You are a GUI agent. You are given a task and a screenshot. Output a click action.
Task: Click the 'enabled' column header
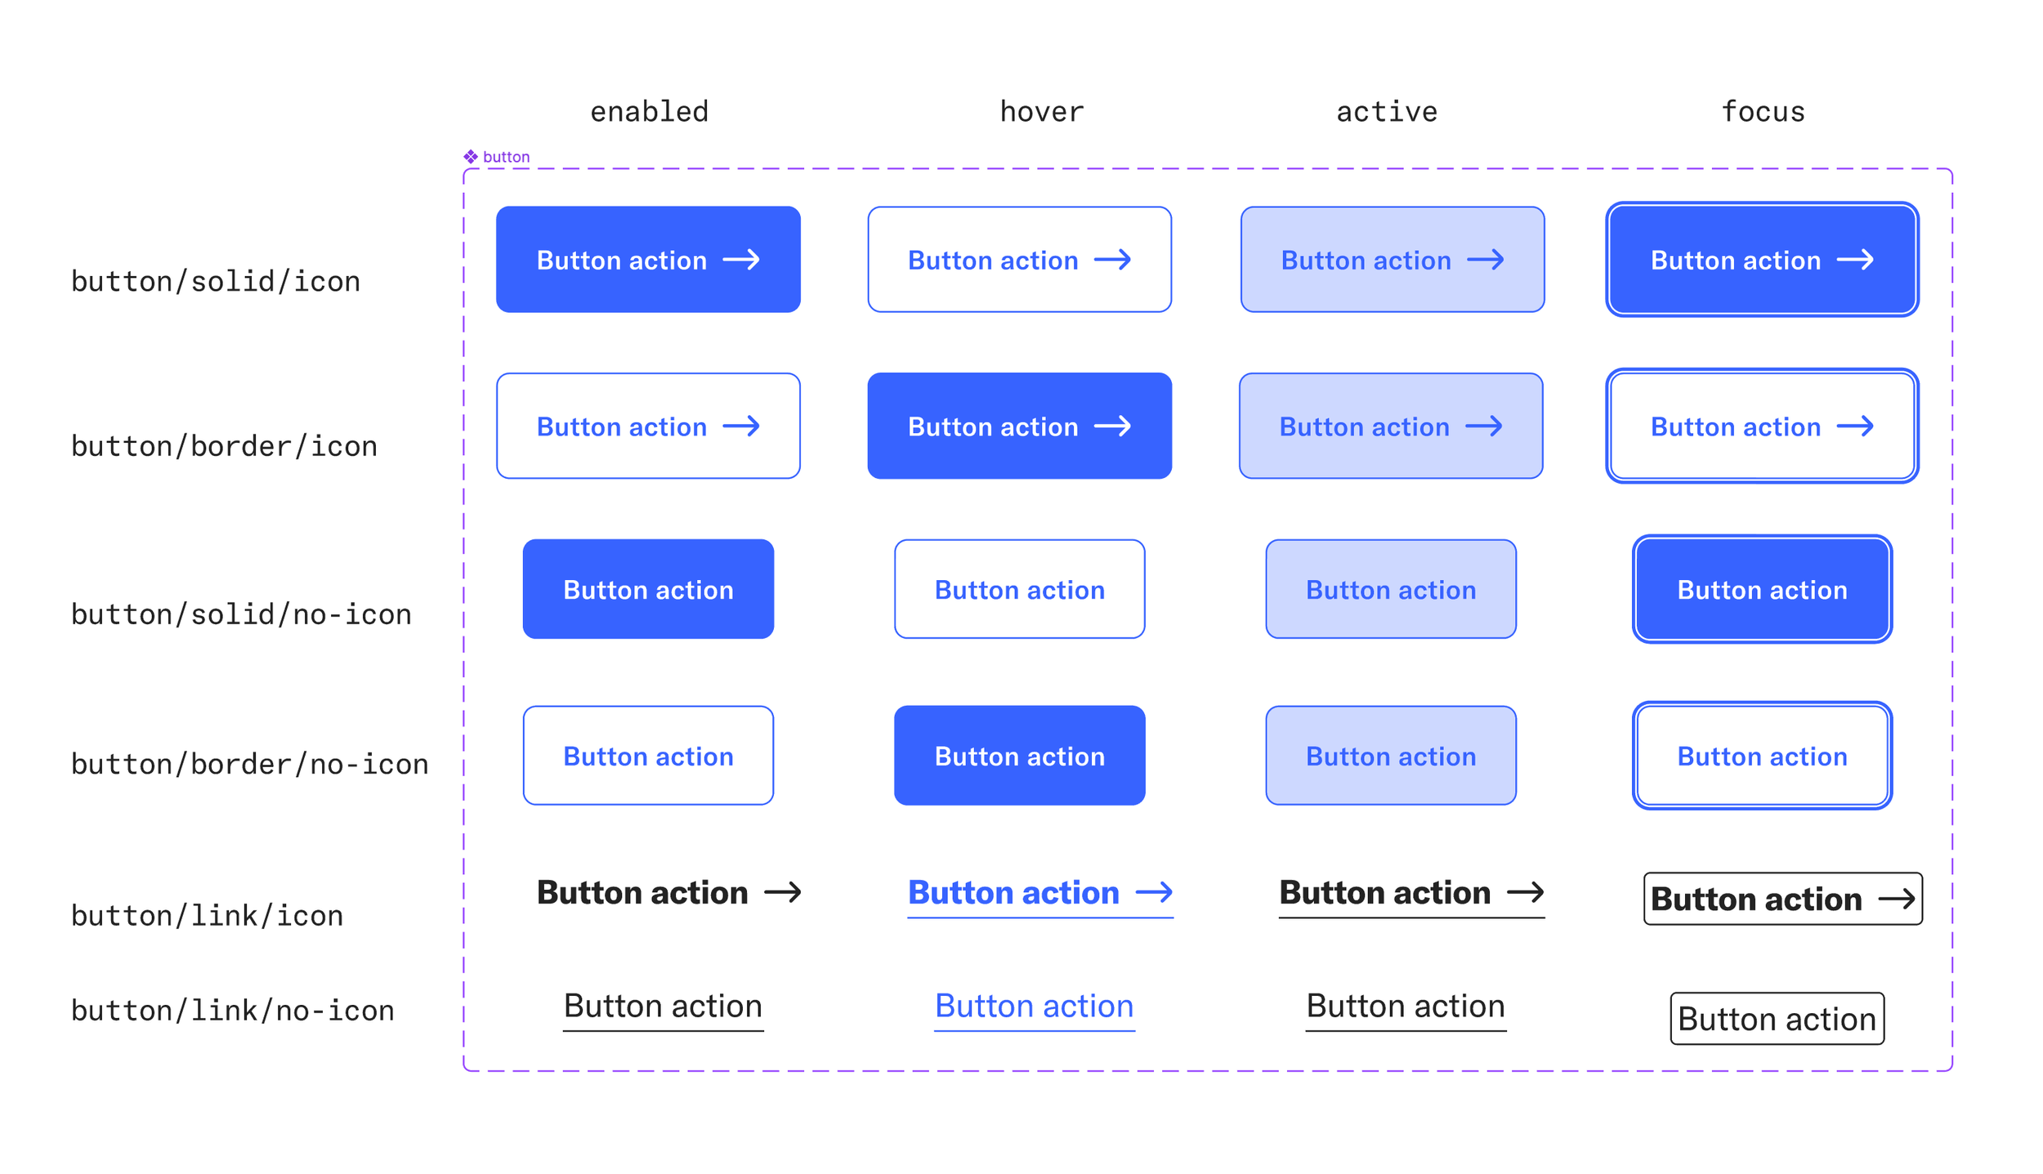(649, 111)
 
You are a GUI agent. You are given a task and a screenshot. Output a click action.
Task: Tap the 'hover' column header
(1041, 111)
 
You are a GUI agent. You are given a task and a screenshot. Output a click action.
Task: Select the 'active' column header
(1386, 111)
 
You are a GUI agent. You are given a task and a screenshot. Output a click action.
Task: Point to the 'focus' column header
(1762, 111)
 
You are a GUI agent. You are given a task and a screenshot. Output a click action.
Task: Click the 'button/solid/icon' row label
(216, 281)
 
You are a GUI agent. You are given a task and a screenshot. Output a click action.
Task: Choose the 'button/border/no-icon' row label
(250, 764)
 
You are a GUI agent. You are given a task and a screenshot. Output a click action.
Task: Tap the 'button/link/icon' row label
(207, 916)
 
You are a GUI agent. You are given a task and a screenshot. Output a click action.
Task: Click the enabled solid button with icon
(648, 259)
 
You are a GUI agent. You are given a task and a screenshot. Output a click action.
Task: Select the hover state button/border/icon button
(1019, 426)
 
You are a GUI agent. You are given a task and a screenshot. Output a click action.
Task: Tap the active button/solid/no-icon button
(1391, 589)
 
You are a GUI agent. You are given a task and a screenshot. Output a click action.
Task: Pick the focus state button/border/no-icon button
(1762, 756)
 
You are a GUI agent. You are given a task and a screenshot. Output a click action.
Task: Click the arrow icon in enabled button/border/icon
(741, 426)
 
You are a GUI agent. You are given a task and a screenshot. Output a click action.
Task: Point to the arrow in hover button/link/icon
(1154, 892)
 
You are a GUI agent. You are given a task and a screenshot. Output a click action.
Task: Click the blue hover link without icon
(1034, 1007)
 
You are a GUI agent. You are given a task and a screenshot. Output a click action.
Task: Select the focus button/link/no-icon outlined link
(1777, 1019)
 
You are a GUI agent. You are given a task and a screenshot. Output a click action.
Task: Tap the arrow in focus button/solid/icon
(1855, 260)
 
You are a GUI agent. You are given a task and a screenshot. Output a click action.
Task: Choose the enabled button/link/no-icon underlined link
(663, 1007)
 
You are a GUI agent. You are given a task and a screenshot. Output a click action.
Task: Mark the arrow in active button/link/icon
(1525, 892)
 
